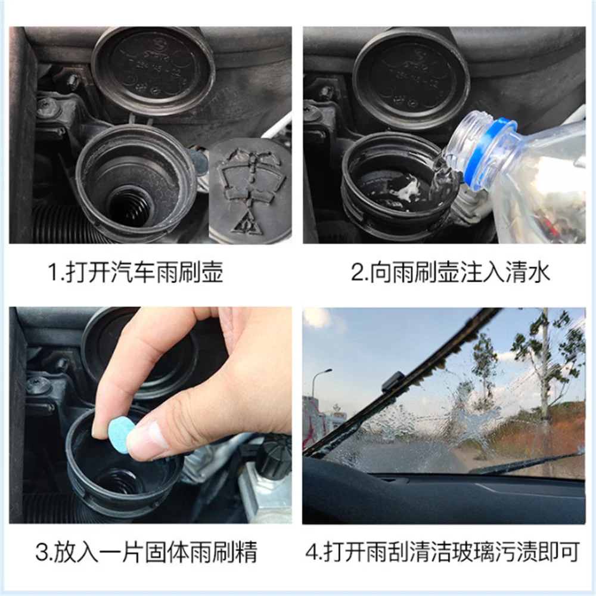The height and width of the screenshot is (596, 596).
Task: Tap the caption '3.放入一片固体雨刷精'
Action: (147, 551)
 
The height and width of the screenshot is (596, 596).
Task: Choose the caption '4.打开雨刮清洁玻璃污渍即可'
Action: (443, 551)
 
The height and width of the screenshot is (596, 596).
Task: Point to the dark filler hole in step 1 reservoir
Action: (129, 207)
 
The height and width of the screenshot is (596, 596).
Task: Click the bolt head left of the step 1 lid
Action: (72, 81)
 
